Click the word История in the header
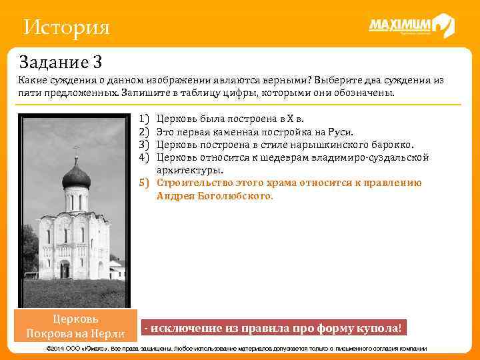click(65, 28)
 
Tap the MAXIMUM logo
click(411, 26)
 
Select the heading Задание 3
click(61, 63)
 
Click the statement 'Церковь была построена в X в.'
click(229, 119)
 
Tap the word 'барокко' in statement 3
click(389, 145)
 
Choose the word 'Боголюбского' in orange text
click(231, 196)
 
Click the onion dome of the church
click(76, 177)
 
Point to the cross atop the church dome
click(76, 151)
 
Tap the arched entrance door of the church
click(65, 269)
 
